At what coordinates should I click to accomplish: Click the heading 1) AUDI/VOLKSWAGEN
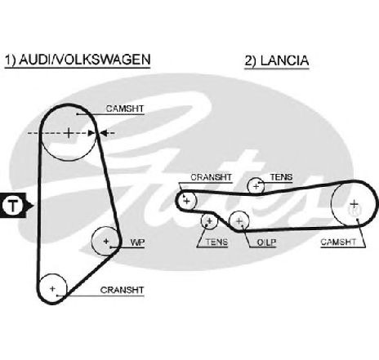click(78, 60)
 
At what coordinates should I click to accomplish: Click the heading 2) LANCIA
click(277, 60)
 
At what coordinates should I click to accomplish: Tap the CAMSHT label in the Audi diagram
click(125, 109)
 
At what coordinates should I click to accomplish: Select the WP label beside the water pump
click(137, 242)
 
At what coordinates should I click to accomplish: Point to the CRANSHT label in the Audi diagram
click(122, 290)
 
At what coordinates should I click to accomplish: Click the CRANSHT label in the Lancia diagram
click(211, 177)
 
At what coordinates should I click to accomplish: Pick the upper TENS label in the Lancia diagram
click(281, 177)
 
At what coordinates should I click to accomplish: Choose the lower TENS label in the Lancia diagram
click(216, 242)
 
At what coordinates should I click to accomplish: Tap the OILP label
click(266, 242)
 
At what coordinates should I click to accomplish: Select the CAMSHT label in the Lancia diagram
click(338, 242)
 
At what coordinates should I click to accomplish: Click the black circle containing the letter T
click(13, 206)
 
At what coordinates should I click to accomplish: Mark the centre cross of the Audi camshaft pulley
click(69, 133)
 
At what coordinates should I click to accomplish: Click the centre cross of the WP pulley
click(106, 241)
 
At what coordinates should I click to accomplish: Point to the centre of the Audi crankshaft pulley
click(52, 288)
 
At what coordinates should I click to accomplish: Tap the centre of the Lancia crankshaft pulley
click(186, 201)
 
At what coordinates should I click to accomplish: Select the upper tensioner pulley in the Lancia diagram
click(256, 186)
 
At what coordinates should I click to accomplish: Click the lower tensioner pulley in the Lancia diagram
click(209, 221)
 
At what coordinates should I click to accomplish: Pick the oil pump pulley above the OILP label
click(239, 221)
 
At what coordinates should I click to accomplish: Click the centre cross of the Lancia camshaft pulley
click(354, 203)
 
